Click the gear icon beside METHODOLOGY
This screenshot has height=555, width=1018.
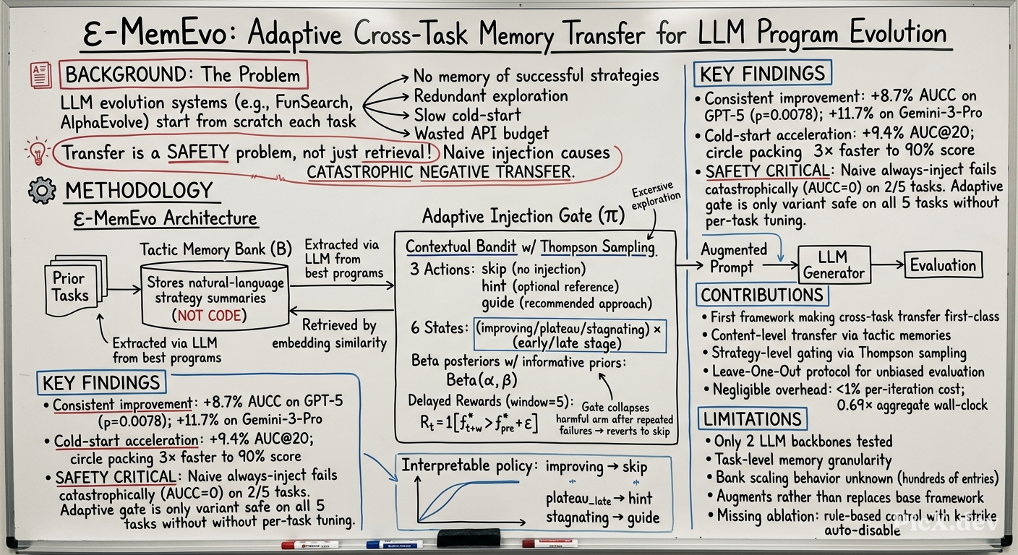[x=42, y=190]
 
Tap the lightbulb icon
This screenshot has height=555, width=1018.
[x=38, y=152]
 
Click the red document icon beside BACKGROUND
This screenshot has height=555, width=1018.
[x=41, y=75]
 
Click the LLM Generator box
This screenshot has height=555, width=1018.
[x=834, y=264]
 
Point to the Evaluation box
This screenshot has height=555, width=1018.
[x=943, y=264]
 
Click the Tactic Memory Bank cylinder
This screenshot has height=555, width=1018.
[x=215, y=296]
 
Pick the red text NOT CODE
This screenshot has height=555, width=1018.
[x=209, y=315]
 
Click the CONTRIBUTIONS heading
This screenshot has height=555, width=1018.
[x=762, y=296]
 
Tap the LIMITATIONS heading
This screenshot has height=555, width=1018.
[x=752, y=418]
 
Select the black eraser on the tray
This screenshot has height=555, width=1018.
[x=469, y=538]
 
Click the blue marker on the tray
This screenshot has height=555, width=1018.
[x=395, y=543]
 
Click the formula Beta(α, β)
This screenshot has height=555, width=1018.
[x=482, y=379]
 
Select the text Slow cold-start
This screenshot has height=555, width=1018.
[x=467, y=115]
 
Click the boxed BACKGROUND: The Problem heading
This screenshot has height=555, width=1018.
[x=184, y=74]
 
